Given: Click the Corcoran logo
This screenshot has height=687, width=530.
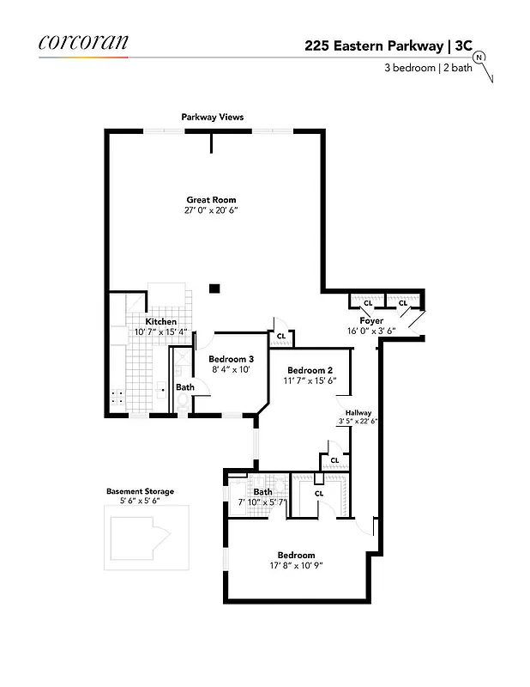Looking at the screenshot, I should point(83,42).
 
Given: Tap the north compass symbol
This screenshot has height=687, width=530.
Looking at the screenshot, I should point(479,58).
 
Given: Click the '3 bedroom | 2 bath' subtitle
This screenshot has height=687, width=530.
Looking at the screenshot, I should point(425,69).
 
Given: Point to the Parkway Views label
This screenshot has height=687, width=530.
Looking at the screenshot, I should point(212,117).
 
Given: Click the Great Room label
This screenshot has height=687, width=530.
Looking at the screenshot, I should point(211,200).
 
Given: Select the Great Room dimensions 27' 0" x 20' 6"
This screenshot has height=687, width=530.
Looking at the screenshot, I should point(211,210).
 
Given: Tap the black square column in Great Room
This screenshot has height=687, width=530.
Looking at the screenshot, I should point(217,289).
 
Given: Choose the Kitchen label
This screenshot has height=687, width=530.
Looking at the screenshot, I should point(160,322).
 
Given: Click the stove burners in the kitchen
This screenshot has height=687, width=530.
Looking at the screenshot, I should point(117,397).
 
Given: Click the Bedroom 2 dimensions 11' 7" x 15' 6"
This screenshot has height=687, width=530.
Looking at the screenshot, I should point(310,381).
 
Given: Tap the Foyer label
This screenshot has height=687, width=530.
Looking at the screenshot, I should point(371,320).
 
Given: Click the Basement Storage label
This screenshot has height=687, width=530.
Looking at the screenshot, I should point(140,492).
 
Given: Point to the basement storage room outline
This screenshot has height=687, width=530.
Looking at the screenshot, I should point(146,537).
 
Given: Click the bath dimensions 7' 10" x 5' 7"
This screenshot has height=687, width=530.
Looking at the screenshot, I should point(262,502).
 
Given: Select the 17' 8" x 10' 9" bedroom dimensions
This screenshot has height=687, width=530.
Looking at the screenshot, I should point(296,565).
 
